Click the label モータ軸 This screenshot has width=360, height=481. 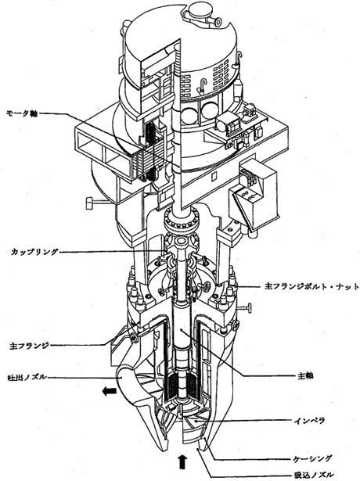click(21, 113)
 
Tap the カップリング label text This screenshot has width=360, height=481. click(34, 252)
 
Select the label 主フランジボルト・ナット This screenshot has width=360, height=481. click(311, 286)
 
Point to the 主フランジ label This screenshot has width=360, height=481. click(29, 346)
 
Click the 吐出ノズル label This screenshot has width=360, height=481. click(27, 376)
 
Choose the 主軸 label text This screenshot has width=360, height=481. click(305, 375)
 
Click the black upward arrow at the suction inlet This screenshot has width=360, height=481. click(182, 461)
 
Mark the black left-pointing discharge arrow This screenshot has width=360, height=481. click(110, 391)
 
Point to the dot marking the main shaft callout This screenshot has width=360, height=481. click(182, 330)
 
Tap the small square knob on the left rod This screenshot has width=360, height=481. click(89, 203)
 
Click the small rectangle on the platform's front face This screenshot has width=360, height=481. click(215, 176)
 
